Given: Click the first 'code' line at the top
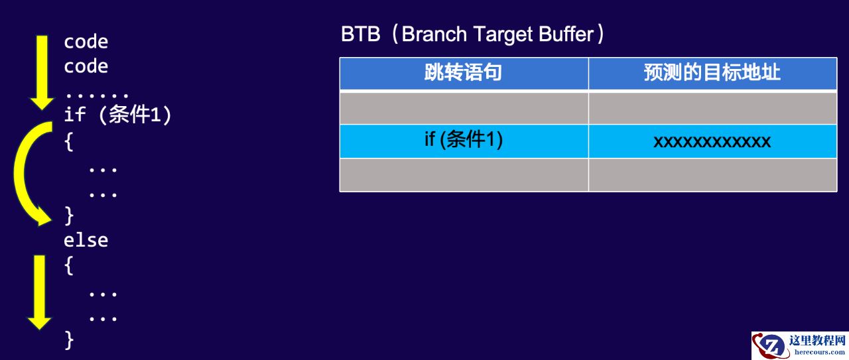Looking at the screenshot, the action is click(86, 42).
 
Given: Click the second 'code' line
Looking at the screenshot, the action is click(86, 66).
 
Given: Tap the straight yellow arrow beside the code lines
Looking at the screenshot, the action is click(42, 73).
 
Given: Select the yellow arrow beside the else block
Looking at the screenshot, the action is click(39, 292).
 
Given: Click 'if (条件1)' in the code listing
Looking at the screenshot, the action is click(117, 114).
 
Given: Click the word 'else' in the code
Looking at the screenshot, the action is click(86, 240).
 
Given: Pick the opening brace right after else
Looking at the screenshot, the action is click(68, 266).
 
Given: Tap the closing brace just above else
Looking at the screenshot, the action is click(68, 215).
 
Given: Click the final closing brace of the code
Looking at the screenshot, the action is click(68, 340).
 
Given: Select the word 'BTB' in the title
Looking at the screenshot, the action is click(360, 34).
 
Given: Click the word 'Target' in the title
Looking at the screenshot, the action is click(503, 34).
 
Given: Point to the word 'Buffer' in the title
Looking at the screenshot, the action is click(566, 34).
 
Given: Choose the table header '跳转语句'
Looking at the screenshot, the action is click(463, 72).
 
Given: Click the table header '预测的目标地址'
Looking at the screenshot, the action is click(712, 72).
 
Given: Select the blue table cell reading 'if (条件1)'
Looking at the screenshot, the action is click(464, 141).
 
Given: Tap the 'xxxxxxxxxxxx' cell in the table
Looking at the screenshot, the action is click(712, 141).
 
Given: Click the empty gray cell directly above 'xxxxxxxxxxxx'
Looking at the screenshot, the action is click(712, 108).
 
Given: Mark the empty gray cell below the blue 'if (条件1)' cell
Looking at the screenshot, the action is click(464, 175).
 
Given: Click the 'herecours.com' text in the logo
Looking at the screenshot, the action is click(819, 352).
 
